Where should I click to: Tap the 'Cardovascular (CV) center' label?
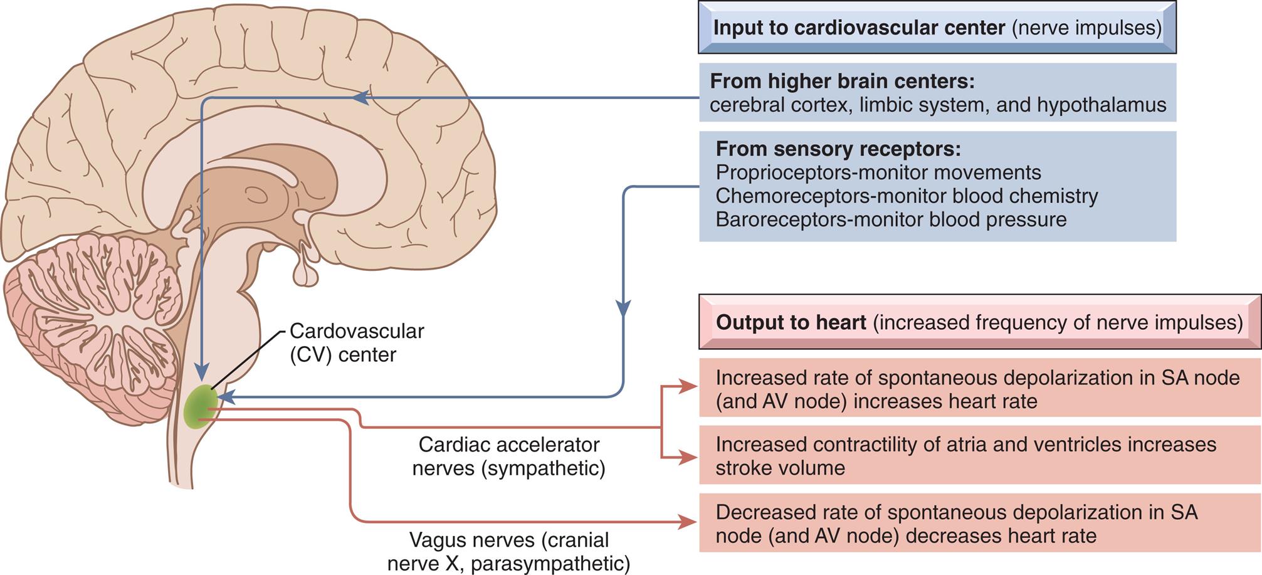point(356,342)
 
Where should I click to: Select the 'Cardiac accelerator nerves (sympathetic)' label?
point(508,456)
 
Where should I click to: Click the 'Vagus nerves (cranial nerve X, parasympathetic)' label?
point(508,552)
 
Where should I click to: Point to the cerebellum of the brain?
point(94,326)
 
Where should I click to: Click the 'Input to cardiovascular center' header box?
point(937,28)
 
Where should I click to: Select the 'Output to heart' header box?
point(979,322)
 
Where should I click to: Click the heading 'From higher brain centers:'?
point(842,82)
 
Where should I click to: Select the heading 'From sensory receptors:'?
point(838,149)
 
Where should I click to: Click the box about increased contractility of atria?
point(979,456)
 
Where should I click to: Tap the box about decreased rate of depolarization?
point(979,524)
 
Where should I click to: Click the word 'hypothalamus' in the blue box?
point(1102,105)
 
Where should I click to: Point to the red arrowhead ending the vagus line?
point(688,522)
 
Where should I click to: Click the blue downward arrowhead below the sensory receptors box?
point(623,309)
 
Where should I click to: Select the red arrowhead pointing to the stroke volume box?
point(688,458)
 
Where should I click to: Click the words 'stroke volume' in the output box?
point(780,468)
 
